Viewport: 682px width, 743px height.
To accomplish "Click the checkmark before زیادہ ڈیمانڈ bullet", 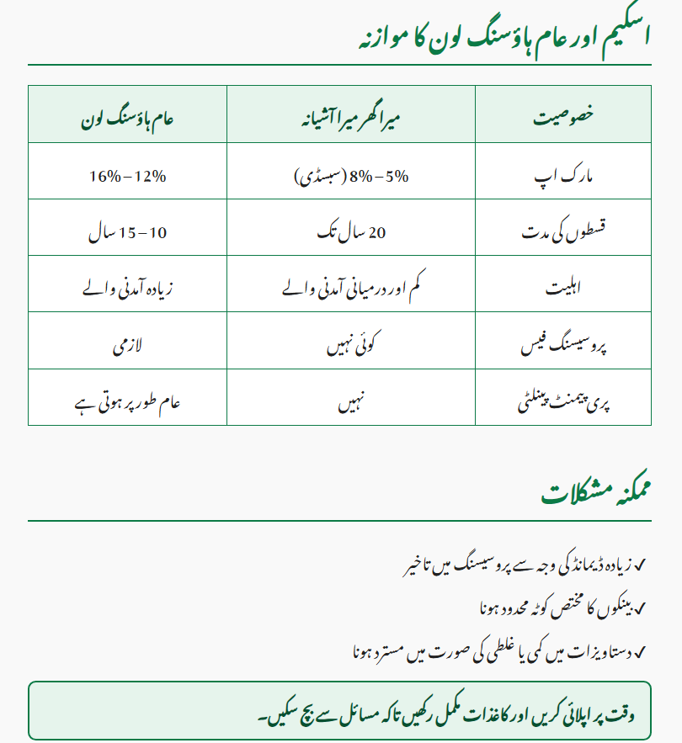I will [x=640, y=562].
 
